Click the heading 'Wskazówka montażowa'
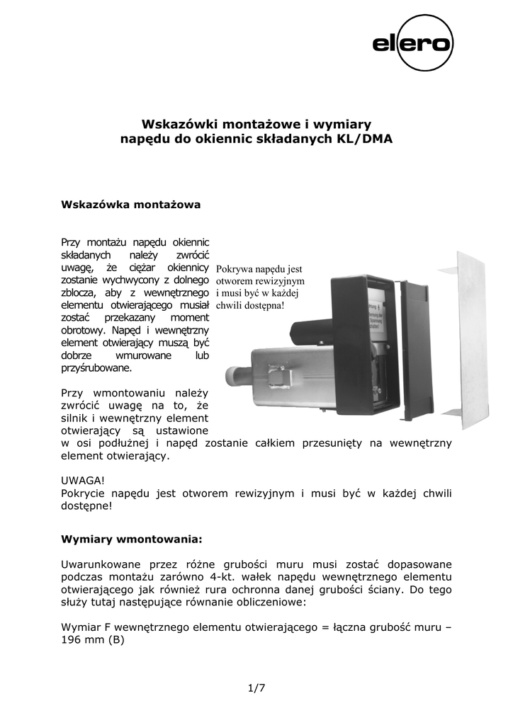click(x=132, y=205)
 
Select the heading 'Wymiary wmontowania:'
click(x=133, y=539)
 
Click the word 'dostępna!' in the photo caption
click(x=262, y=306)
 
